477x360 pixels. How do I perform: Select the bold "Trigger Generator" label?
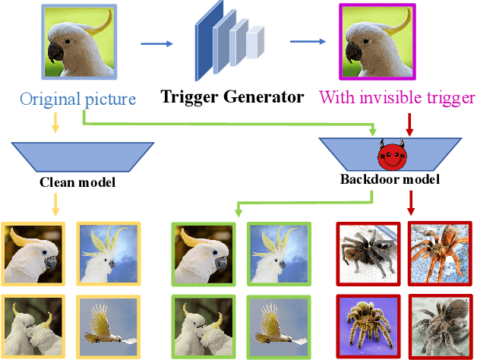pos(232,98)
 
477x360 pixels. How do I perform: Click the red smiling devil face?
pos(393,157)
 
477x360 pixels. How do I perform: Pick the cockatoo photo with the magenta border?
pos(377,43)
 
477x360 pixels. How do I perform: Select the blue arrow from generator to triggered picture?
pos(311,44)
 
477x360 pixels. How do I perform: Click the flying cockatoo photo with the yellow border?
pos(107,323)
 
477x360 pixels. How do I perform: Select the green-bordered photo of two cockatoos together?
pos(201,323)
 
